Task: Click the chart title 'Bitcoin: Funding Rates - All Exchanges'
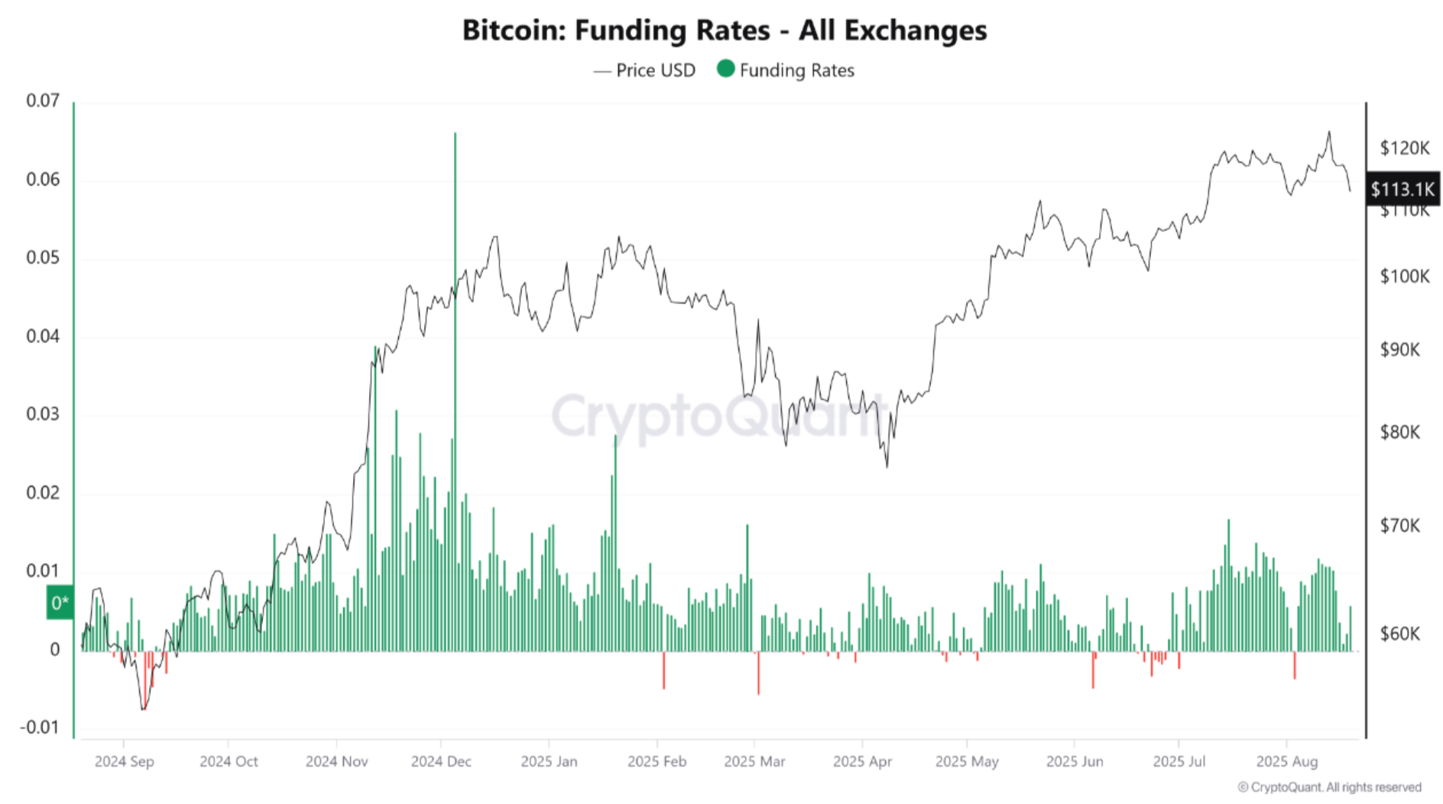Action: (724, 31)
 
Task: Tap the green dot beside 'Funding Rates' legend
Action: (726, 69)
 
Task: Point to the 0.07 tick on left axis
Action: (43, 101)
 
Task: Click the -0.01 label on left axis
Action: (40, 727)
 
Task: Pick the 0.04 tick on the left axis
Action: (43, 336)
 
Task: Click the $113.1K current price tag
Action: (1402, 189)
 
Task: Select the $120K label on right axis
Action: (1404, 148)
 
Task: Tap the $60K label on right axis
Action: (1399, 634)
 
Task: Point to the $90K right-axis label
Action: (1399, 350)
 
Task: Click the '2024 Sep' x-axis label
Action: (124, 761)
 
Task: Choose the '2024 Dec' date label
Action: (441, 761)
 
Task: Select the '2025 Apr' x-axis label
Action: (862, 761)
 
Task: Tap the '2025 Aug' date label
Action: (1287, 761)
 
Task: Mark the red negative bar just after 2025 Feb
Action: (663, 670)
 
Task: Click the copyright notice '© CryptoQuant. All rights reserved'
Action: (1329, 787)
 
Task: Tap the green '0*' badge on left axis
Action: (60, 603)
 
